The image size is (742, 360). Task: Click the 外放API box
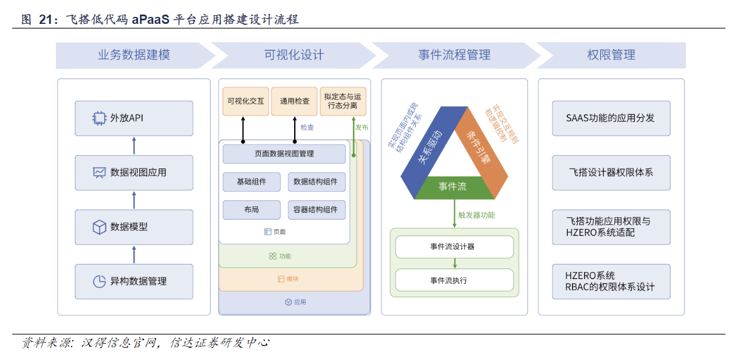coord(134,118)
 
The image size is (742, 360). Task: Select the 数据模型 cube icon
coord(100,227)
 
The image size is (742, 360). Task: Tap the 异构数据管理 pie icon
coord(100,281)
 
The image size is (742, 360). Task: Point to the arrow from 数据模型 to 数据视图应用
coord(134,200)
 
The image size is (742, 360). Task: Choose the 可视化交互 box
coord(246,101)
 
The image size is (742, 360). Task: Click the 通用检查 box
coord(295,101)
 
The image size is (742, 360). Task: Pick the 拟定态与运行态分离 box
coord(343,101)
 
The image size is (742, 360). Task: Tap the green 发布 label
coord(362,127)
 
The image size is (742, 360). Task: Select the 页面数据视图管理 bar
coord(284,154)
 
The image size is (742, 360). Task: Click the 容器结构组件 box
coord(316,210)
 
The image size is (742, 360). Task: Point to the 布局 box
coord(252,210)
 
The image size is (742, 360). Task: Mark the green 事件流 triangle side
coord(453,187)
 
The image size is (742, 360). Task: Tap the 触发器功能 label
coord(476,215)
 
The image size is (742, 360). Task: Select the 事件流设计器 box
coord(454,246)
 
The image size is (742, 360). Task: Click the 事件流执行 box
coord(454,280)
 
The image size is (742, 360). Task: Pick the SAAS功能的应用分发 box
coord(611,118)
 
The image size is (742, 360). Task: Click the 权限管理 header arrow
coord(611,55)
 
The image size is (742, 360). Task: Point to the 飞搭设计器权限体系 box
coord(611,172)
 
